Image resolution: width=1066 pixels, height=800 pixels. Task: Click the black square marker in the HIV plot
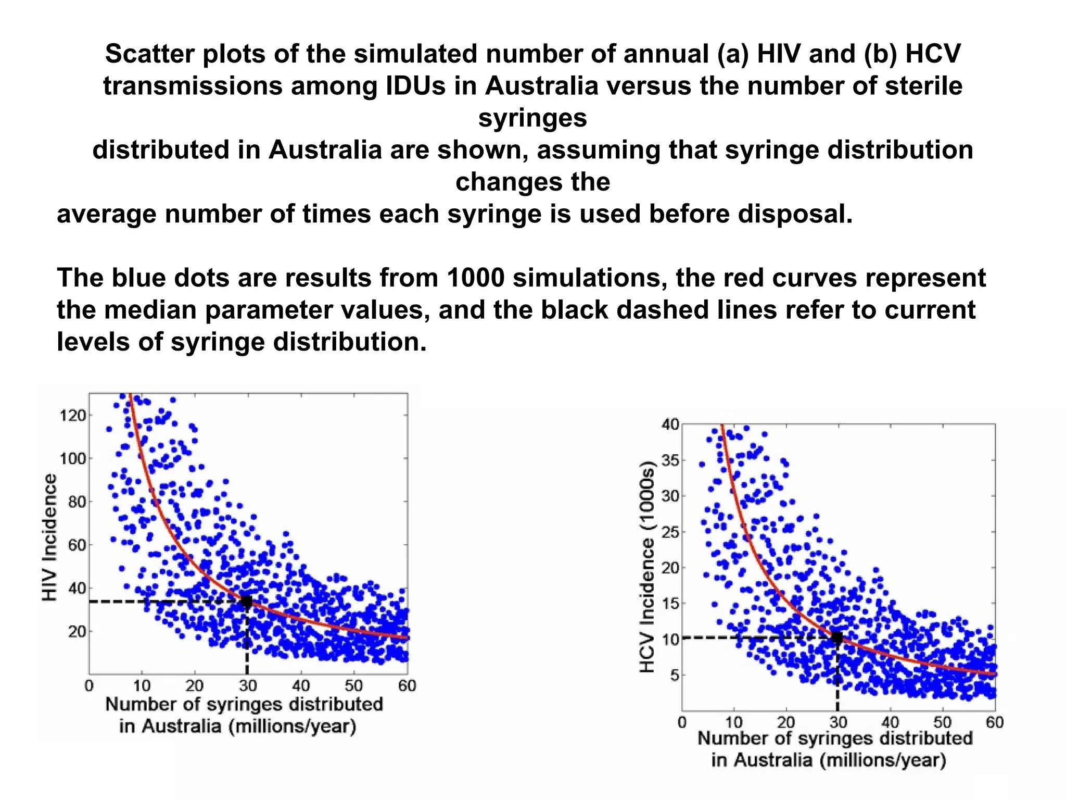point(246,602)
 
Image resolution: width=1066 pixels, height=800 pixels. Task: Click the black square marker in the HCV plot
point(837,637)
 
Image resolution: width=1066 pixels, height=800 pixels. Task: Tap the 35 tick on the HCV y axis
point(670,460)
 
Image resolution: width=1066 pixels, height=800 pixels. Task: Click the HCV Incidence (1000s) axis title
point(646,567)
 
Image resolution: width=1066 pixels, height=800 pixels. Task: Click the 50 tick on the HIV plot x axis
point(353,685)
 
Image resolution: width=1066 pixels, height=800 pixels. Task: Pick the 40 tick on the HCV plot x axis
point(890,722)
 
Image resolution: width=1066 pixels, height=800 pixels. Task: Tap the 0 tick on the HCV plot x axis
point(682,722)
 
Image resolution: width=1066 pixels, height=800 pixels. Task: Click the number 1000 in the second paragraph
point(475,278)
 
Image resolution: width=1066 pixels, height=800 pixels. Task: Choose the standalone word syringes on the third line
point(532,118)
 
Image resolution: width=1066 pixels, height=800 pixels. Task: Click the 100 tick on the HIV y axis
point(73,459)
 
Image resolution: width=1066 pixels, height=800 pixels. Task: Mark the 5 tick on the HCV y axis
point(675,676)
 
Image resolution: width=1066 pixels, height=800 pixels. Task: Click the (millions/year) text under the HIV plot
point(292,726)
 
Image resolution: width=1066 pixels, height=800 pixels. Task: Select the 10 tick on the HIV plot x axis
point(142,685)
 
